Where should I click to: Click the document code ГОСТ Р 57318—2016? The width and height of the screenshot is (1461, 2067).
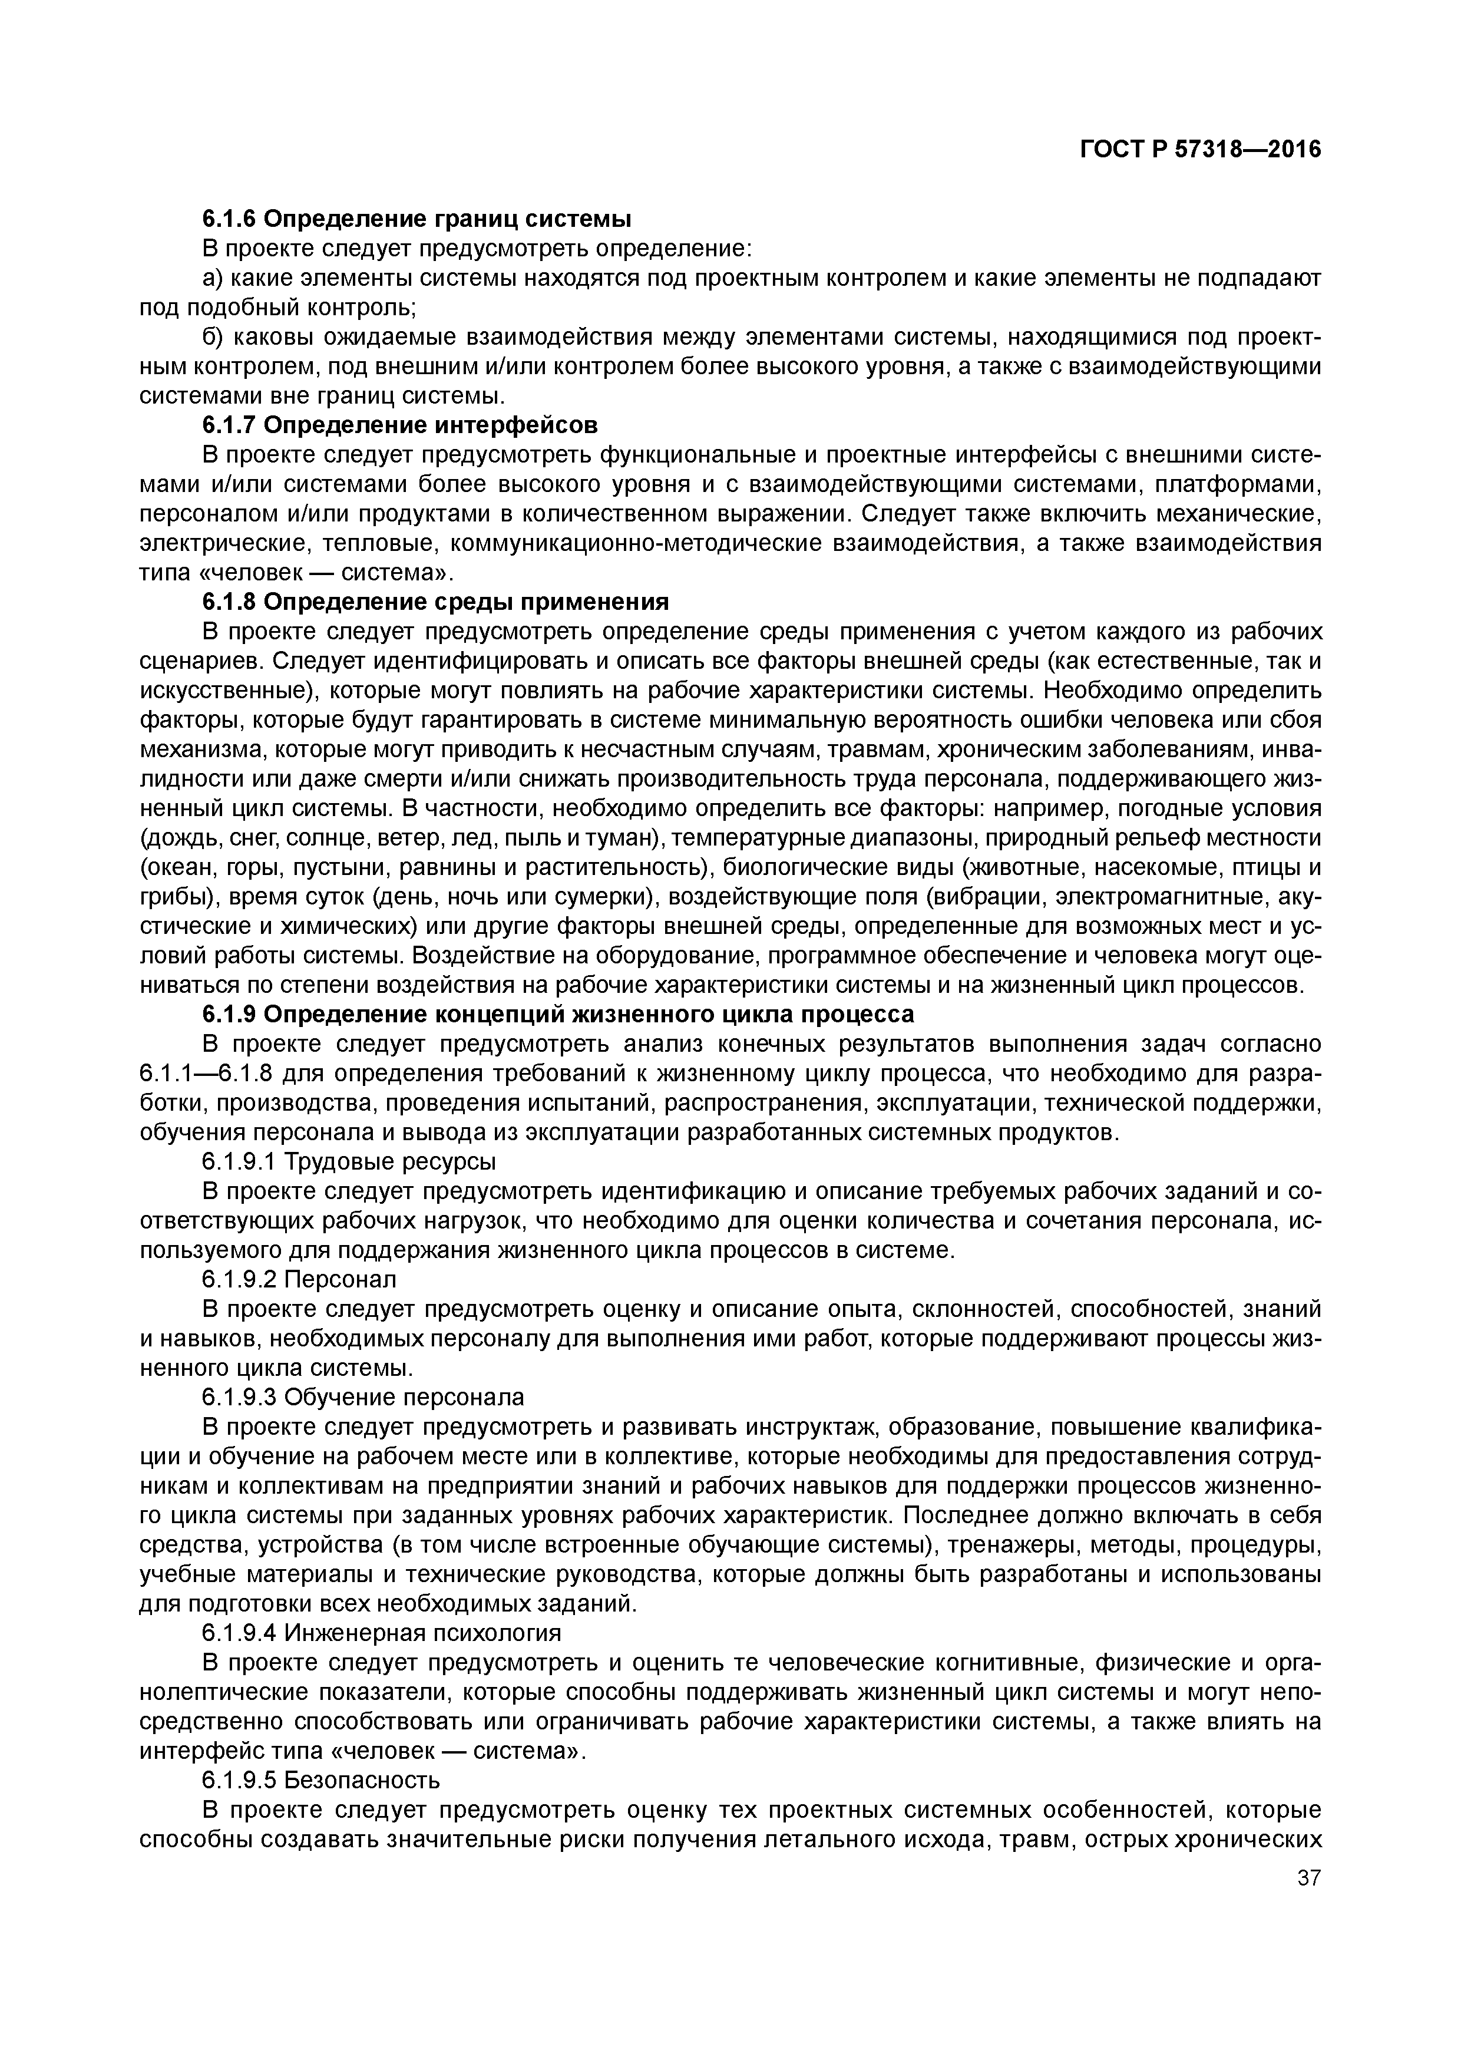pyautogui.click(x=1200, y=150)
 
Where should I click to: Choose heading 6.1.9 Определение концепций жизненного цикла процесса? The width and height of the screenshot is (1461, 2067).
pyautogui.click(x=557, y=1013)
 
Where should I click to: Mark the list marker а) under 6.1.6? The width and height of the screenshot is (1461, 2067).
pyautogui.click(x=213, y=278)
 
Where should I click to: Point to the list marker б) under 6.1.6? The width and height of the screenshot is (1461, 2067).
pyautogui.click(x=213, y=338)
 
